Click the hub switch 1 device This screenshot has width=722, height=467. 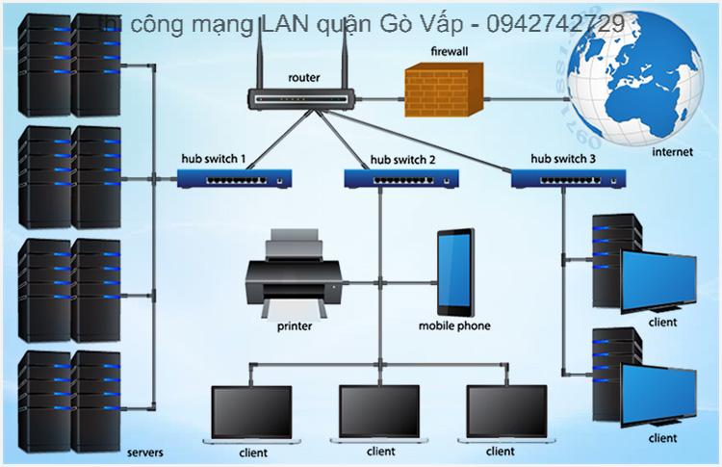pyautogui.click(x=235, y=177)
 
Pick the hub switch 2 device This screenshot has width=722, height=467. pyautogui.click(x=401, y=177)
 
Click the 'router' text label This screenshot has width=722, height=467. pyautogui.click(x=304, y=76)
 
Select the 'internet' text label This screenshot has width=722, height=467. pyautogui.click(x=672, y=152)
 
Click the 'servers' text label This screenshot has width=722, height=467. pyautogui.click(x=144, y=452)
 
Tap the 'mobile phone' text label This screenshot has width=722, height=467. pyautogui.click(x=454, y=325)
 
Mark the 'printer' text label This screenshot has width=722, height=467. pyautogui.click(x=295, y=325)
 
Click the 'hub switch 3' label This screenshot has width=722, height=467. pyautogui.click(x=563, y=157)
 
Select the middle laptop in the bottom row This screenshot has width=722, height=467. pyautogui.click(x=379, y=413)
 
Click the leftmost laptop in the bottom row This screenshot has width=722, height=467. pyautogui.click(x=251, y=413)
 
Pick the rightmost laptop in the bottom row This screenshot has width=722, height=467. pyautogui.click(x=506, y=413)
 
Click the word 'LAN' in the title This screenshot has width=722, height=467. pyautogui.click(x=285, y=22)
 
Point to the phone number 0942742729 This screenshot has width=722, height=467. pyautogui.click(x=556, y=22)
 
